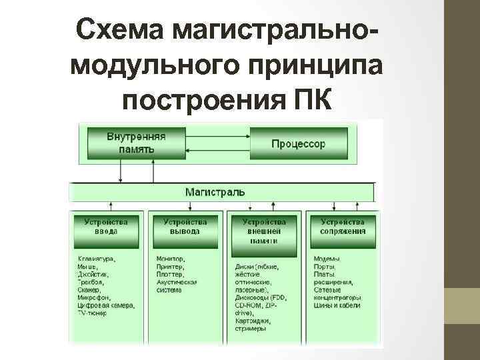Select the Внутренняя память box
pos(137,143)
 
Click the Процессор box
pos(299,143)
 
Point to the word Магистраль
pos(215,192)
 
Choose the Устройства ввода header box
pos(107,227)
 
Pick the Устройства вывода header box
pos(185,227)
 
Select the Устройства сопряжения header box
pos(343,227)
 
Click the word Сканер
pos(89,290)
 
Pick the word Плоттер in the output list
pos(171,274)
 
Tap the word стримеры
pos(251,329)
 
